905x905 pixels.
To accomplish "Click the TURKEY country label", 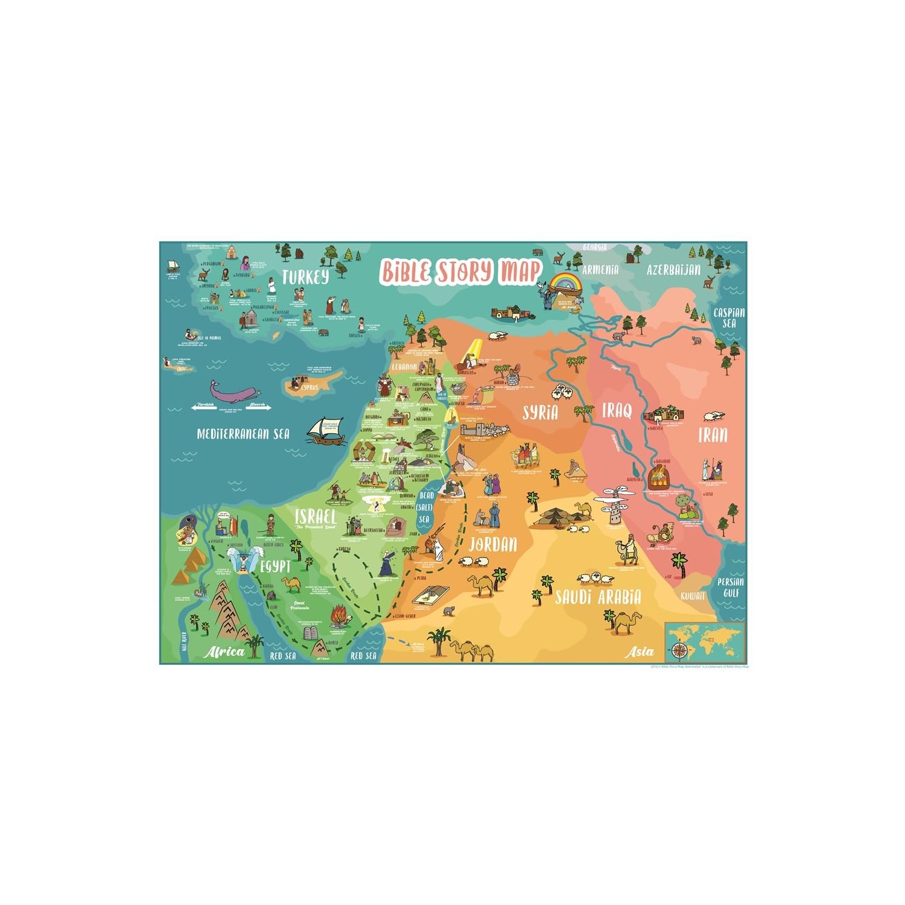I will coord(305,277).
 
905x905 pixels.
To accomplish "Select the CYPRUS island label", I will coord(309,387).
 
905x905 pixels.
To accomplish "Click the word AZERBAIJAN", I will coord(673,270).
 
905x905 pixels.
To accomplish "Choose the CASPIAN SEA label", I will coord(729,317).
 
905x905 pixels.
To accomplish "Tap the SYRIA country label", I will coord(540,413).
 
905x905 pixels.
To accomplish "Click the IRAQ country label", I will coord(617,411).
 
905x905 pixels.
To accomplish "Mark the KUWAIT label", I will coord(693,596).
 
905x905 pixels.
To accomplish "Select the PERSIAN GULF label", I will coord(730,587).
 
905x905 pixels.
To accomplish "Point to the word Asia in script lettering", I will coord(640,652).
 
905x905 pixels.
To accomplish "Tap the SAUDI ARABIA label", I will coord(598,597).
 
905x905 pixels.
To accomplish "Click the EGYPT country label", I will coord(275,567).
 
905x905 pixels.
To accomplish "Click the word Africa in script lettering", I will coord(224,652).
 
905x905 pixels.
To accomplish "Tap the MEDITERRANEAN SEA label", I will coord(243,434).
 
